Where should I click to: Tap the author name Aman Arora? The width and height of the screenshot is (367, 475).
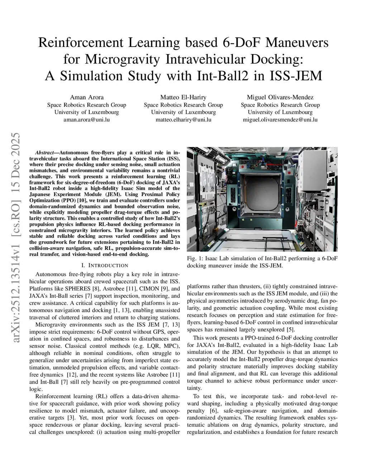(86, 97)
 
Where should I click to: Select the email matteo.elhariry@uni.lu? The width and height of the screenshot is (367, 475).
(183, 120)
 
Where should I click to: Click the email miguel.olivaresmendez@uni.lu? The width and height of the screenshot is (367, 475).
(280, 120)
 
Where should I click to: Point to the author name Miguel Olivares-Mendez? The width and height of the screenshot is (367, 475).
(280, 97)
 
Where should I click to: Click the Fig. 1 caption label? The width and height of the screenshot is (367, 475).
(195, 259)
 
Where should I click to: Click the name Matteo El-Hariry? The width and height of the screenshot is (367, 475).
(183, 97)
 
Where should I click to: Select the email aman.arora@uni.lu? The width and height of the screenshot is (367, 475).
(86, 120)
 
